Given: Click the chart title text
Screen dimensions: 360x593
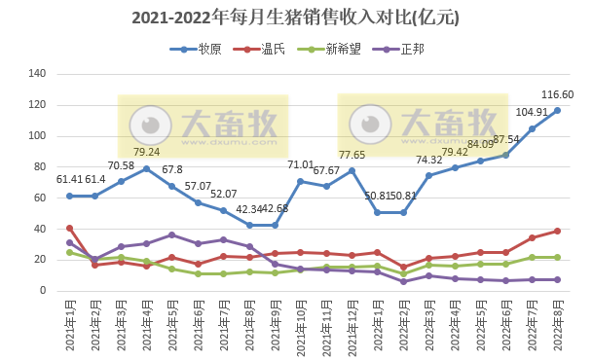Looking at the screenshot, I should (x=295, y=18).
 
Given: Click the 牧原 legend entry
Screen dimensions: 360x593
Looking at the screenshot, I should (x=202, y=49).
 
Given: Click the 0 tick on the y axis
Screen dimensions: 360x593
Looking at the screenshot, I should (x=44, y=290).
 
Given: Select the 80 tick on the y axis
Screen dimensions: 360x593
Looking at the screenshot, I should (x=40, y=166).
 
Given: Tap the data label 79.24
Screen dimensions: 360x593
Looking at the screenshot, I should (x=147, y=152).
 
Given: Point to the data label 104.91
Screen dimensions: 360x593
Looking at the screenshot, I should (x=532, y=113).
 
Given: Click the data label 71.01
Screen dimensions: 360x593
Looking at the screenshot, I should (x=302, y=165).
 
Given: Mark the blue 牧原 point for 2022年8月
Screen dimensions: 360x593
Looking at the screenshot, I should (x=557, y=110).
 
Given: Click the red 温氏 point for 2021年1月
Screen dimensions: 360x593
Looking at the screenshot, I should (x=69, y=229).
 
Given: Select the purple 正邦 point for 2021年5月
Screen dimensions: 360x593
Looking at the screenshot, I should (x=172, y=234).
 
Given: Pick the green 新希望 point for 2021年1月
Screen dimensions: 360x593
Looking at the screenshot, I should (x=69, y=252).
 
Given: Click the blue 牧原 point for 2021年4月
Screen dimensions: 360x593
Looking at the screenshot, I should (x=147, y=168).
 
